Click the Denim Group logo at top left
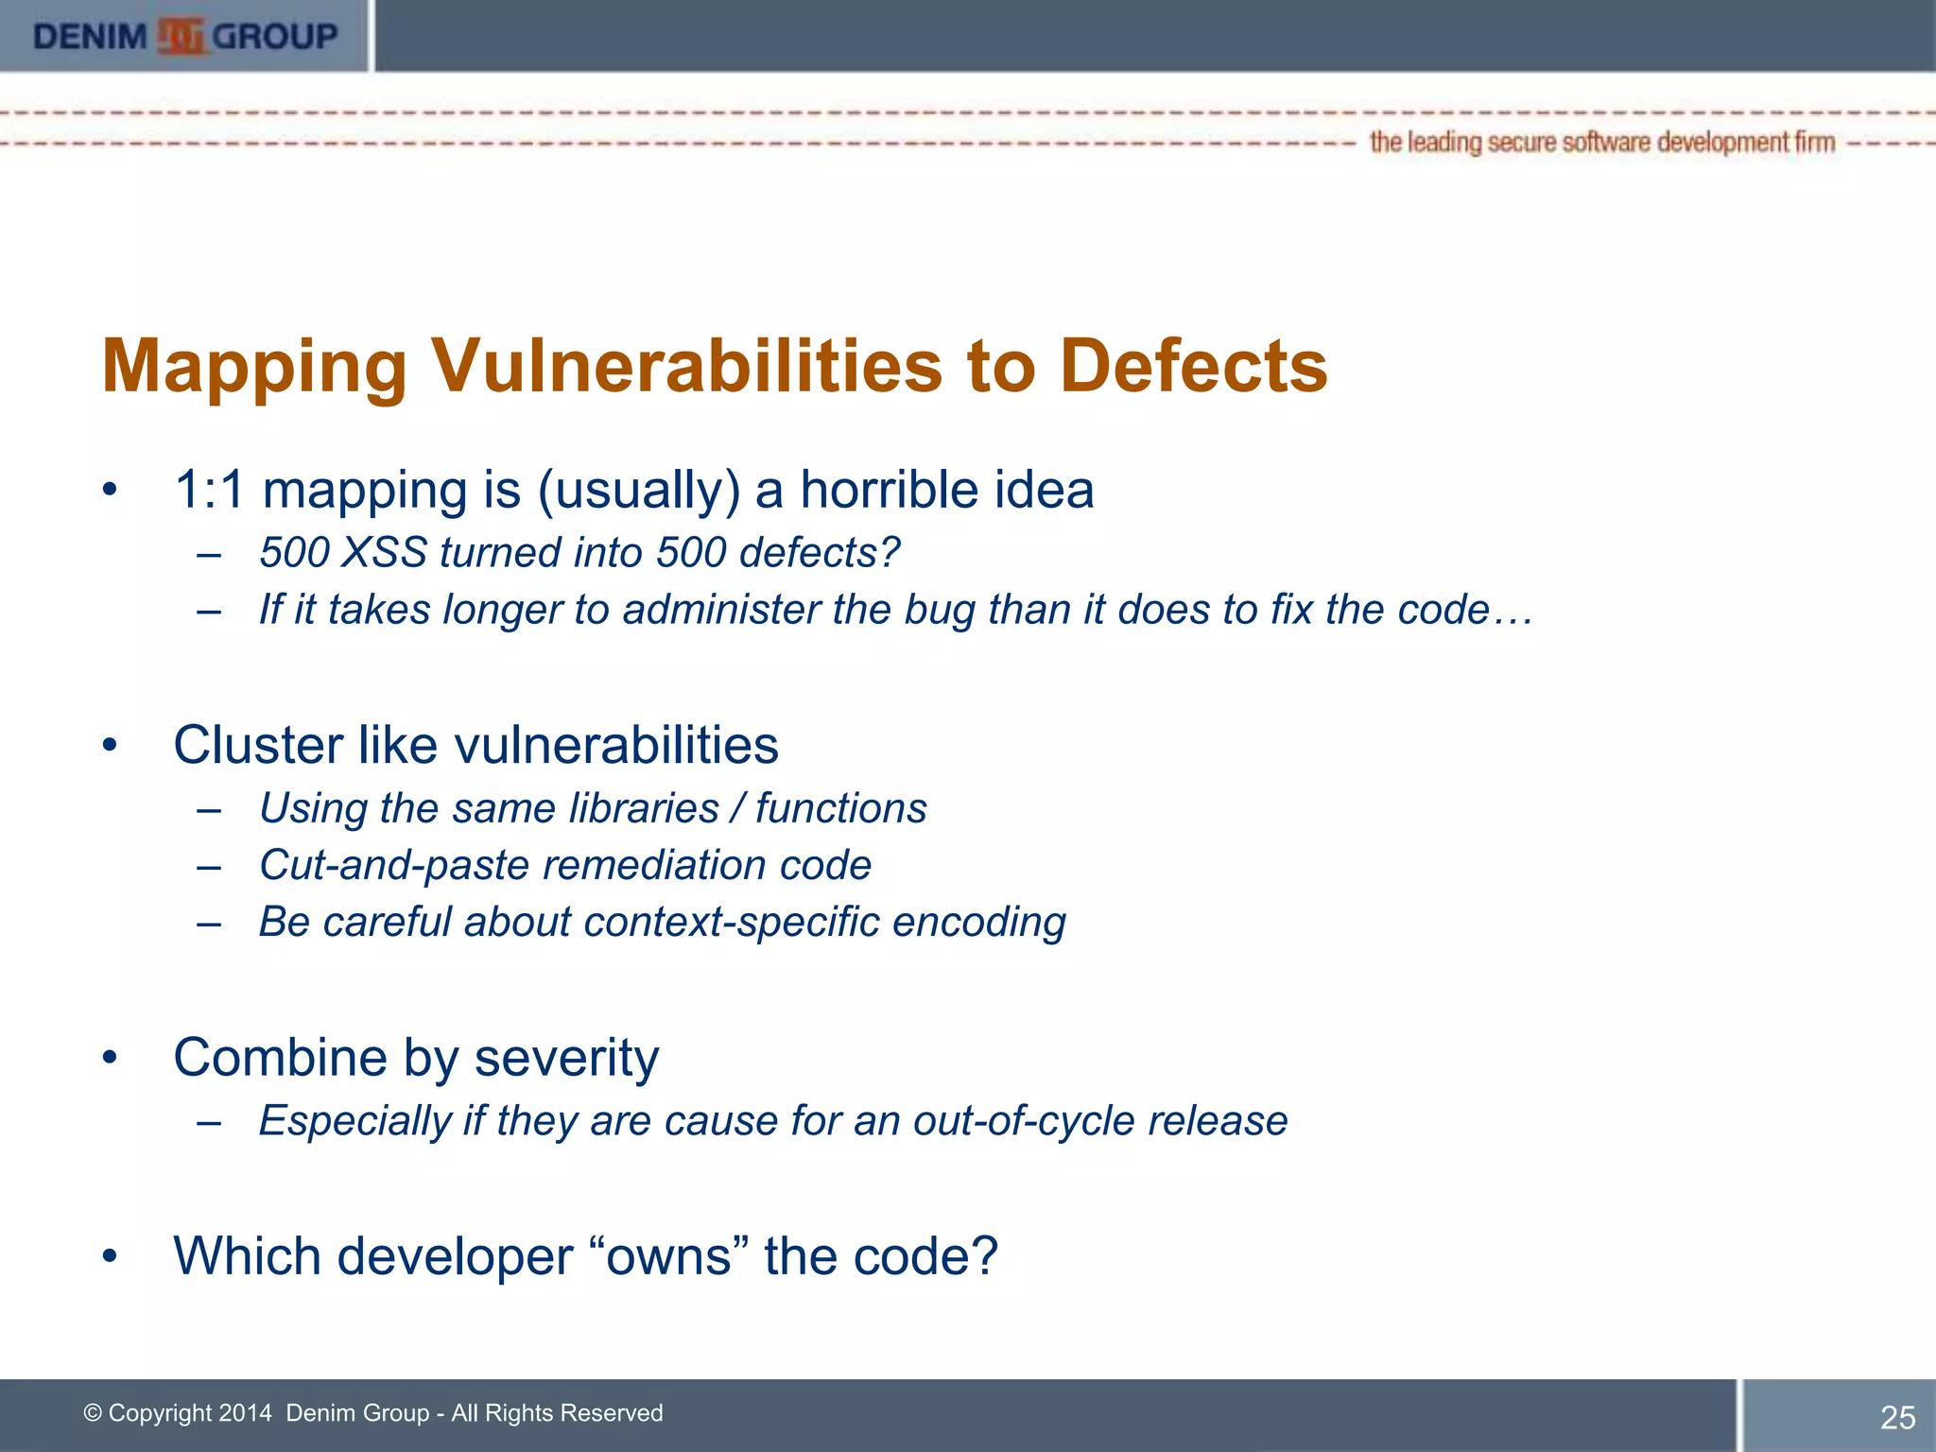(184, 36)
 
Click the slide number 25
(1897, 1417)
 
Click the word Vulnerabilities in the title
(687, 366)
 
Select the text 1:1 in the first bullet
(209, 491)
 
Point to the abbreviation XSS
(384, 553)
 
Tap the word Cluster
(257, 745)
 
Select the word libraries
(644, 808)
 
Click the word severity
(566, 1058)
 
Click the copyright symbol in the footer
(93, 1413)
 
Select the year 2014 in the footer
(244, 1413)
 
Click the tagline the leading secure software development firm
(1601, 143)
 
